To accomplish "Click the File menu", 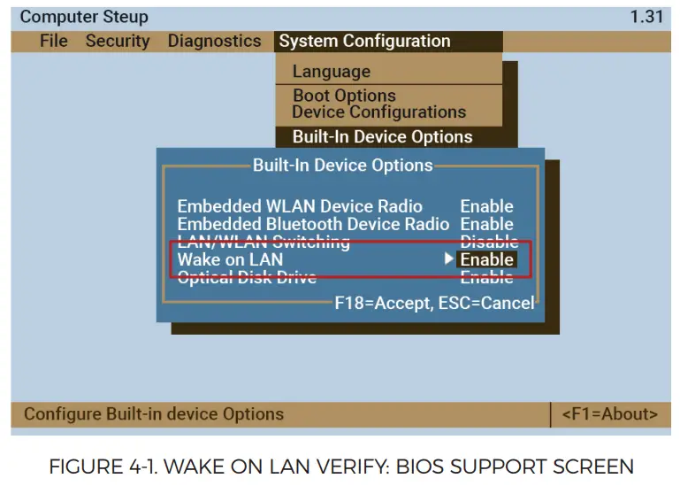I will pyautogui.click(x=54, y=42).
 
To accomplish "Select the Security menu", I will pyautogui.click(x=118, y=42).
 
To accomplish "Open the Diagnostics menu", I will pyautogui.click(x=214, y=42).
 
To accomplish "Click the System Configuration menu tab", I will pyautogui.click(x=363, y=42).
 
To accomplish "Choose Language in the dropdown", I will pyautogui.click(x=332, y=72).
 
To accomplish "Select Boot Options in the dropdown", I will pyautogui.click(x=344, y=96).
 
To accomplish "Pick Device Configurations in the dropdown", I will pyautogui.click(x=378, y=112).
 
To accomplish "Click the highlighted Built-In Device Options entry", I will pyautogui.click(x=382, y=137).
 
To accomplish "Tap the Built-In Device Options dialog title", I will pyautogui.click(x=343, y=166).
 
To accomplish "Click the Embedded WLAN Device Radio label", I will pyautogui.click(x=300, y=206).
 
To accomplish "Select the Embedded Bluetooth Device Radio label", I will pyautogui.click(x=313, y=225).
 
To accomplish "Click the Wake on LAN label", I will pyautogui.click(x=230, y=259).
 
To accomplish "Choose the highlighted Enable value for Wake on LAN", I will pyautogui.click(x=486, y=259).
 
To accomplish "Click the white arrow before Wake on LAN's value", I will pyautogui.click(x=449, y=259).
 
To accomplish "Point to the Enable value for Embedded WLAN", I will pyautogui.click(x=486, y=206).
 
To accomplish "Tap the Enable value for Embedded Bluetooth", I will pyautogui.click(x=486, y=225).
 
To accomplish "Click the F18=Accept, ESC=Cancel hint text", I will pyautogui.click(x=434, y=303).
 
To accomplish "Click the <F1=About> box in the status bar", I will pyautogui.click(x=610, y=414).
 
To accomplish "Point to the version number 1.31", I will pyautogui.click(x=646, y=18).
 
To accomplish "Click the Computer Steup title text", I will pyautogui.click(x=84, y=18).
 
